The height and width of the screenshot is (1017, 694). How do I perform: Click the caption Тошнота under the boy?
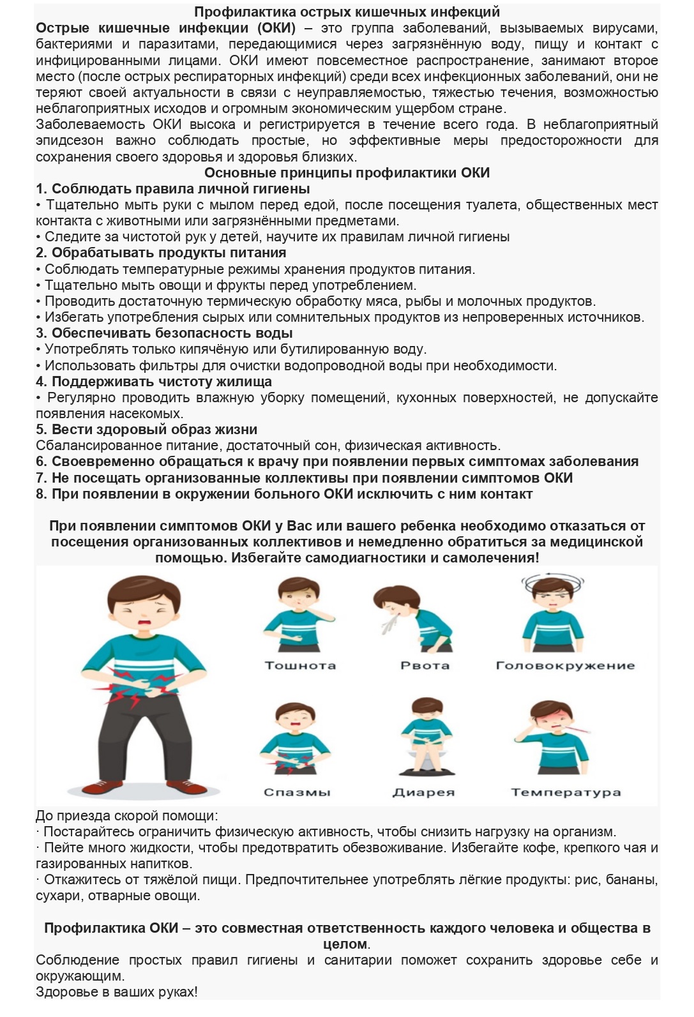(300, 665)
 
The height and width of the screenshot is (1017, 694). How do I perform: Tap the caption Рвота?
(425, 665)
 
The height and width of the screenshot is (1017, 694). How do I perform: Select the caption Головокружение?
(565, 665)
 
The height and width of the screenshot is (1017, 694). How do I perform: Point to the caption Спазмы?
(297, 792)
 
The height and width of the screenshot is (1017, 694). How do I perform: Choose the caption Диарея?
(423, 792)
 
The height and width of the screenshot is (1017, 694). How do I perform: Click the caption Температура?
(566, 792)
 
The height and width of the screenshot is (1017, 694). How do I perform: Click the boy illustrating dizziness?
(552, 613)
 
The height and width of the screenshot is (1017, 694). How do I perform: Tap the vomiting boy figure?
(415, 616)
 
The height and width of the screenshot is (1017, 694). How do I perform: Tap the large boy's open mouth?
(144, 622)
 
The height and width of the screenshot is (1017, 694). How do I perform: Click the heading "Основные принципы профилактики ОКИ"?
(347, 172)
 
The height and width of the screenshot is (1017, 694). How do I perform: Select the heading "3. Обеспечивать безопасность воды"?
(164, 333)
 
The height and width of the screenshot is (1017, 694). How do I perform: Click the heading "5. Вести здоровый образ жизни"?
(146, 429)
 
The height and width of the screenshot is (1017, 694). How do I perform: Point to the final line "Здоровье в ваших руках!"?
(116, 991)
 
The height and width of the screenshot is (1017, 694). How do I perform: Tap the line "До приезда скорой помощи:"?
(126, 815)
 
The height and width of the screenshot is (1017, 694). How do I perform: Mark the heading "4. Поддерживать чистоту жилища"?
(154, 381)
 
